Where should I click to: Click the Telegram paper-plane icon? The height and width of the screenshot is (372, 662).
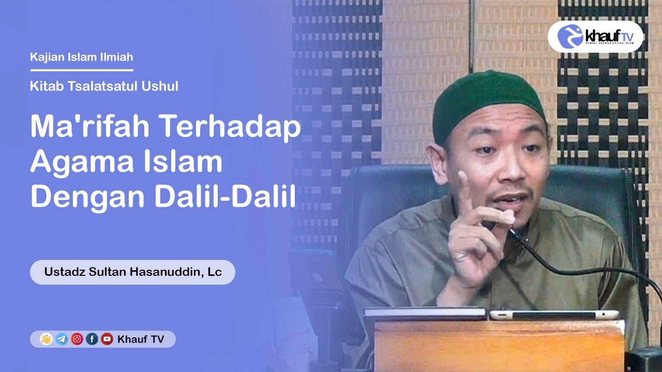[x=62, y=339]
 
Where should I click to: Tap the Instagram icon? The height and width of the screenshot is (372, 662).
[x=77, y=339]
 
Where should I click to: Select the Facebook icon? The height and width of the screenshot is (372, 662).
[x=92, y=339]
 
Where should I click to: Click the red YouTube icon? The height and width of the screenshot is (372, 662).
[x=107, y=339]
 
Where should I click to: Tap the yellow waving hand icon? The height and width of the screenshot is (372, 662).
[x=46, y=339]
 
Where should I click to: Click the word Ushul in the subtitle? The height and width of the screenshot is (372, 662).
[x=161, y=86]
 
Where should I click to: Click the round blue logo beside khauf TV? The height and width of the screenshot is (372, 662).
[x=570, y=36]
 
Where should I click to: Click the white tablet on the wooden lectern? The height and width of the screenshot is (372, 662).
[x=553, y=314]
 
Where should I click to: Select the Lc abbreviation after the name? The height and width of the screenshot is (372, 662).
[x=214, y=272]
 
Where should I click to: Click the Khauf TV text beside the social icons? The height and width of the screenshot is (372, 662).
[x=141, y=339]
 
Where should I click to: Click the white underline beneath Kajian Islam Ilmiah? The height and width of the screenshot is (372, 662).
[x=82, y=70]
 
